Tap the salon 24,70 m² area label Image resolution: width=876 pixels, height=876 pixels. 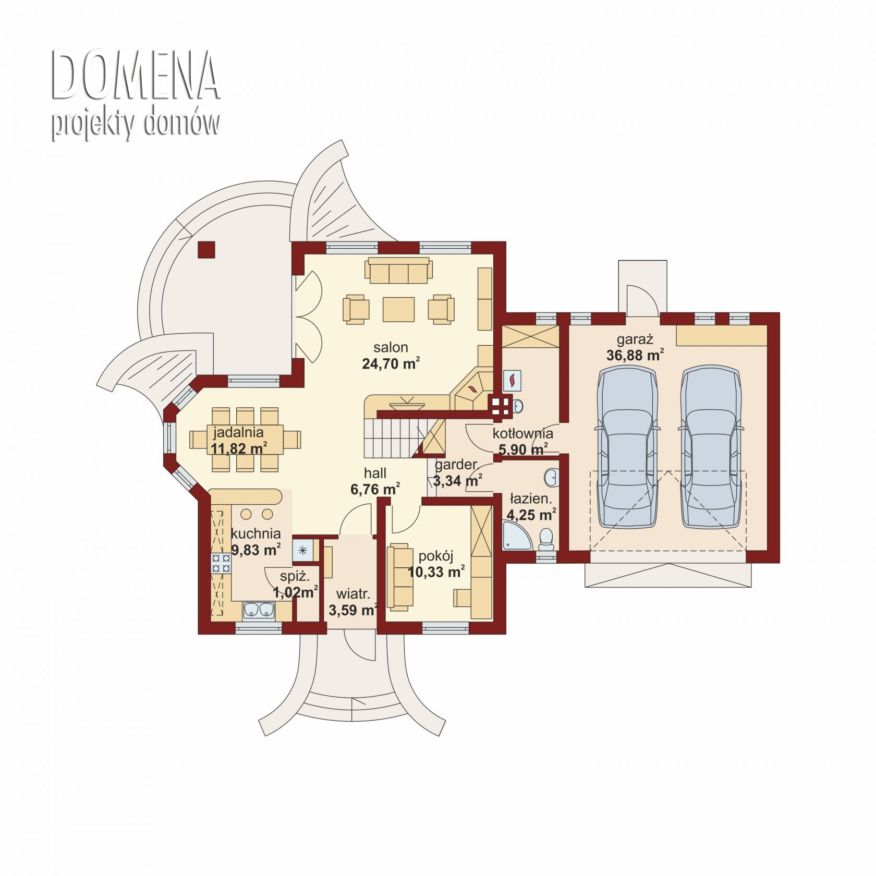391,356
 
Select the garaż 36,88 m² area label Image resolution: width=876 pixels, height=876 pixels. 635,348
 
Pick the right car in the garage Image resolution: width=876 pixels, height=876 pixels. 711,446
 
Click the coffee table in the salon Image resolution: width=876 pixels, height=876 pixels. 399,310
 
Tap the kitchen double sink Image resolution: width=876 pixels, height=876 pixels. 259,610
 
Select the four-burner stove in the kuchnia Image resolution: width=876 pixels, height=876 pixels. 221,564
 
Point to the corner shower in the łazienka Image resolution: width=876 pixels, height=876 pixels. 517,535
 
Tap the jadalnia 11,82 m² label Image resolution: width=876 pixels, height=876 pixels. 239,440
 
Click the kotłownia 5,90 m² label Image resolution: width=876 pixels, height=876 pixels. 523,441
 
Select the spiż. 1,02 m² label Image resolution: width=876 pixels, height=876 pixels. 295,584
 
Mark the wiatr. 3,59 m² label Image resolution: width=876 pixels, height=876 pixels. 353,602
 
